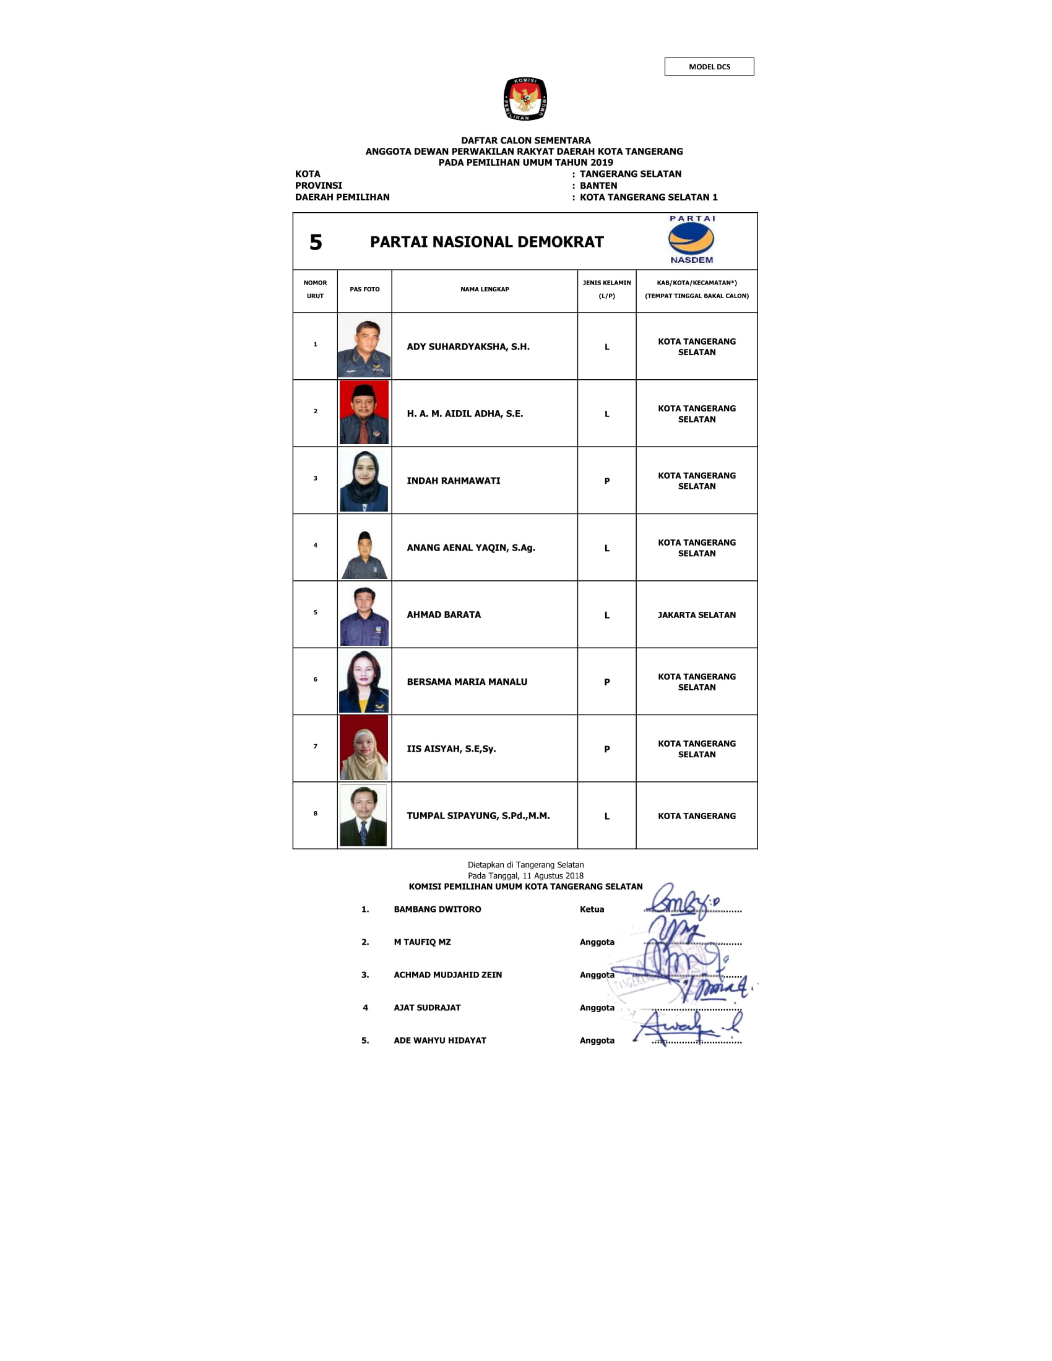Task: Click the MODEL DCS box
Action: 709,67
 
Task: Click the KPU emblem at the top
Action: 525,98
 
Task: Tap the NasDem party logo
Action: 691,240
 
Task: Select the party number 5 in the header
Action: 316,243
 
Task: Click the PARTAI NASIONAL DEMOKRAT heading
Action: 486,242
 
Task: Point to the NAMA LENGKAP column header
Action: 485,289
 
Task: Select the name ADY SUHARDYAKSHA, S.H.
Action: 468,346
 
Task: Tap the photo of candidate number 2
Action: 364,413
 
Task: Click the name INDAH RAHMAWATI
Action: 453,481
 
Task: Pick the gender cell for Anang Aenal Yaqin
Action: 606,547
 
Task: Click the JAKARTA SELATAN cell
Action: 696,614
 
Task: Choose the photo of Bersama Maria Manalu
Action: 364,681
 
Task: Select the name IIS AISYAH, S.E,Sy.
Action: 451,749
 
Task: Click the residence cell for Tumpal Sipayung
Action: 696,816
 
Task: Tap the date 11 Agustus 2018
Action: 553,875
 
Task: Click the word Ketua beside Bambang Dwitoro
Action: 592,909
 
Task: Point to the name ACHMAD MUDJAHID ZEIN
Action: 447,974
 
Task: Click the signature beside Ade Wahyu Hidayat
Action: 686,1027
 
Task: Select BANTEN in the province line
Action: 598,186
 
